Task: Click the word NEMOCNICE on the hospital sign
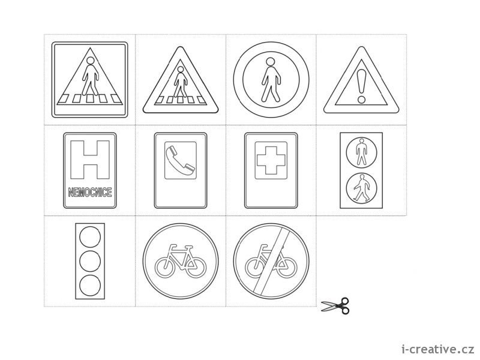[x=90, y=192]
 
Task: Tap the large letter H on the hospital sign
[x=90, y=160]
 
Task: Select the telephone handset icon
[x=181, y=160]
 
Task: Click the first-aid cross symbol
[x=271, y=160]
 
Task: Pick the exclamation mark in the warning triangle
[x=362, y=85]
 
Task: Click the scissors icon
[x=335, y=306]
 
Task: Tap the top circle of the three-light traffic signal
[x=90, y=237]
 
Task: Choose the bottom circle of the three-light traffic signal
[x=90, y=286]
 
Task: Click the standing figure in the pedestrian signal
[x=362, y=152]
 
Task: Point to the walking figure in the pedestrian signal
[x=362, y=188]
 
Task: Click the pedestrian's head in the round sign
[x=270, y=62]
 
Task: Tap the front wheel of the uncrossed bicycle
[x=196, y=267]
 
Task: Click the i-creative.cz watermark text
[x=438, y=349]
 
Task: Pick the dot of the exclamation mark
[x=362, y=99]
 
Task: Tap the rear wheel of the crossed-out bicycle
[x=256, y=267]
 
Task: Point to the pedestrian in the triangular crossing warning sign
[x=181, y=82]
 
